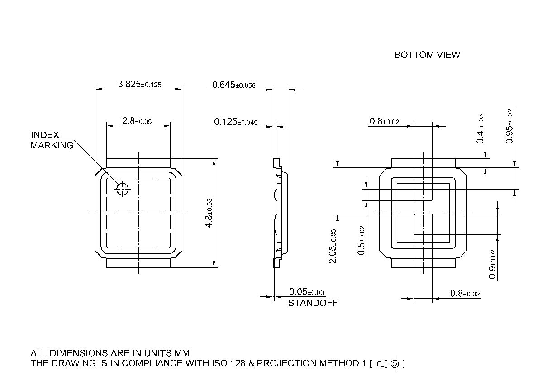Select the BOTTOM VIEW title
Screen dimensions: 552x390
click(x=427, y=55)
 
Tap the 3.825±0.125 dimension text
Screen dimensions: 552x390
click(x=139, y=84)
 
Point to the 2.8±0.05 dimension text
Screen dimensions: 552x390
click(x=137, y=121)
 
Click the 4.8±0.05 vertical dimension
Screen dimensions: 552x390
click(x=209, y=213)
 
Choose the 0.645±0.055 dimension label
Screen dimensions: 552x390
click(x=234, y=85)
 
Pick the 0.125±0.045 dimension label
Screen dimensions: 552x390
click(x=236, y=122)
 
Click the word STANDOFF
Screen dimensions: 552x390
click(x=313, y=303)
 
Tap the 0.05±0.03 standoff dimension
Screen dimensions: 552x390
click(x=306, y=292)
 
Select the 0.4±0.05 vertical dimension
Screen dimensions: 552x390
click(x=480, y=128)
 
